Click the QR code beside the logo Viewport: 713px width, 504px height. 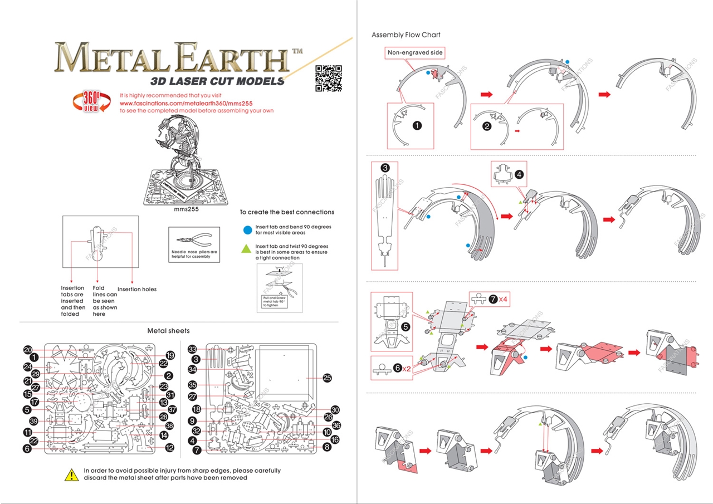coord(328,78)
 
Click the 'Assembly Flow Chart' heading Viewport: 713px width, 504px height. coord(406,35)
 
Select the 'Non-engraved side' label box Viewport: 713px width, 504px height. coord(416,52)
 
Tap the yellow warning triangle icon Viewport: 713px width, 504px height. coord(72,474)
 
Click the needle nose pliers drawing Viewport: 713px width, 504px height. coord(191,240)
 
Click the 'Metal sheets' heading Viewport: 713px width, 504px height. coord(168,331)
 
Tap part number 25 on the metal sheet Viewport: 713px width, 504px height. coord(328,378)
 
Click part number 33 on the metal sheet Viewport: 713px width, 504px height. coord(193,349)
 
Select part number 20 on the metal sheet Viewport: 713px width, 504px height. coord(28,350)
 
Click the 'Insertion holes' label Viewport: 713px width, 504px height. coord(137,289)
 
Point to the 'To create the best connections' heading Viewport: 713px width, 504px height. coord(287,212)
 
